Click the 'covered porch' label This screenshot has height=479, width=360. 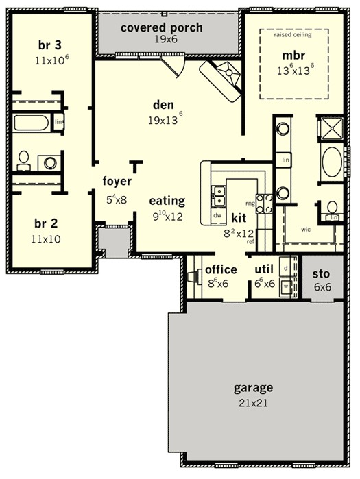point(161,27)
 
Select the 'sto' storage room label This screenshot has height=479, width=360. point(321,273)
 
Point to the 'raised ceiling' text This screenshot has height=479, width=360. point(292,34)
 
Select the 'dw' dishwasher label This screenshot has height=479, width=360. point(217,215)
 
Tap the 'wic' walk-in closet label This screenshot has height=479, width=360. point(307,230)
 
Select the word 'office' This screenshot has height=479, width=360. point(221,269)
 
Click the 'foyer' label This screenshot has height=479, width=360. point(117,182)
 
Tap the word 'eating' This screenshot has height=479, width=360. point(167,201)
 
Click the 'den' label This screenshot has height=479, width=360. point(162,105)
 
